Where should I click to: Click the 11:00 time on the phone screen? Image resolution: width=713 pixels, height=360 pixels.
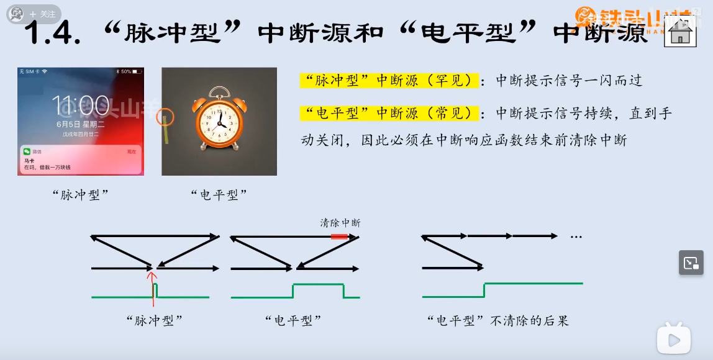point(80,106)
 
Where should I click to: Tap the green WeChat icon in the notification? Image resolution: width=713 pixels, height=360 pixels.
point(27,151)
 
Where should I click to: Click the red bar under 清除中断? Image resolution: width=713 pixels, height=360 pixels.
point(340,236)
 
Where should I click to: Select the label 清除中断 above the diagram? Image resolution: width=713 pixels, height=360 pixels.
point(340,223)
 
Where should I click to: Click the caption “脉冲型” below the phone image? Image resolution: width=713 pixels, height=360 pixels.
point(81,194)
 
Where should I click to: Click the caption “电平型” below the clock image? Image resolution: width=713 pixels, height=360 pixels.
point(219,194)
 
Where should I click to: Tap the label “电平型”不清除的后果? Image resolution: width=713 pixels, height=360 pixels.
point(498,321)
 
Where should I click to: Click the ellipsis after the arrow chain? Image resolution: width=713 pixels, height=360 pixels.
point(576,237)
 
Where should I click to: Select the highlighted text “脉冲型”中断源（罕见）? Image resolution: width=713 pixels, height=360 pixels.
point(389,81)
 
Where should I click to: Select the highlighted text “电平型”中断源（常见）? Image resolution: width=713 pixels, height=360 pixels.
point(389,114)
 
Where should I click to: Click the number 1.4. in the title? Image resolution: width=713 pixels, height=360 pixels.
point(52,34)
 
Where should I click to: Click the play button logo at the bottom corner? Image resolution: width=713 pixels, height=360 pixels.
point(674,339)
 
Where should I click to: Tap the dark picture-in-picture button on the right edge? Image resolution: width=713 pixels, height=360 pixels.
point(691,263)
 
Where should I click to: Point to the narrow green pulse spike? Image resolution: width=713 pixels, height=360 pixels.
point(155,290)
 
